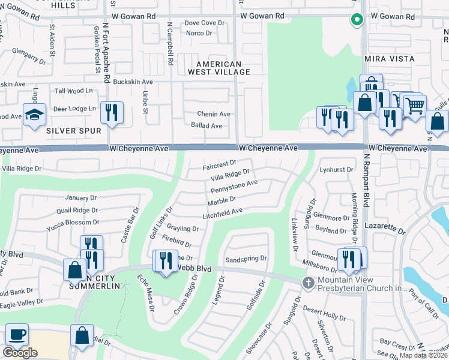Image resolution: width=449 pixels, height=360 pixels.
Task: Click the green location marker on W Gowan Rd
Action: coord(357,20)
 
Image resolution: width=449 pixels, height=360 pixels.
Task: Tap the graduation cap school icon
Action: coord(34,114)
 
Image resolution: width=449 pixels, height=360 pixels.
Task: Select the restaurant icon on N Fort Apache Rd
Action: coord(112,112)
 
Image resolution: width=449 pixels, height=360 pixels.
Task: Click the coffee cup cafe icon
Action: coord(17,334)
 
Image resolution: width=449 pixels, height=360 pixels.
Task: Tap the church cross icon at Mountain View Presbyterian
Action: coord(308,282)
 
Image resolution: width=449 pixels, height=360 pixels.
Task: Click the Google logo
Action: coord(20,353)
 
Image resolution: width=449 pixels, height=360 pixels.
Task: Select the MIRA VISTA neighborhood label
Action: coord(389,59)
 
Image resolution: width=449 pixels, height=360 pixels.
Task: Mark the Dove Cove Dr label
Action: coord(204,23)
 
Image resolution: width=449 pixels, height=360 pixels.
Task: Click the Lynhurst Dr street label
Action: coord(337,170)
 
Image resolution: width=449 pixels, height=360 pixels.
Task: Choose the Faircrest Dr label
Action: coord(219,163)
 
